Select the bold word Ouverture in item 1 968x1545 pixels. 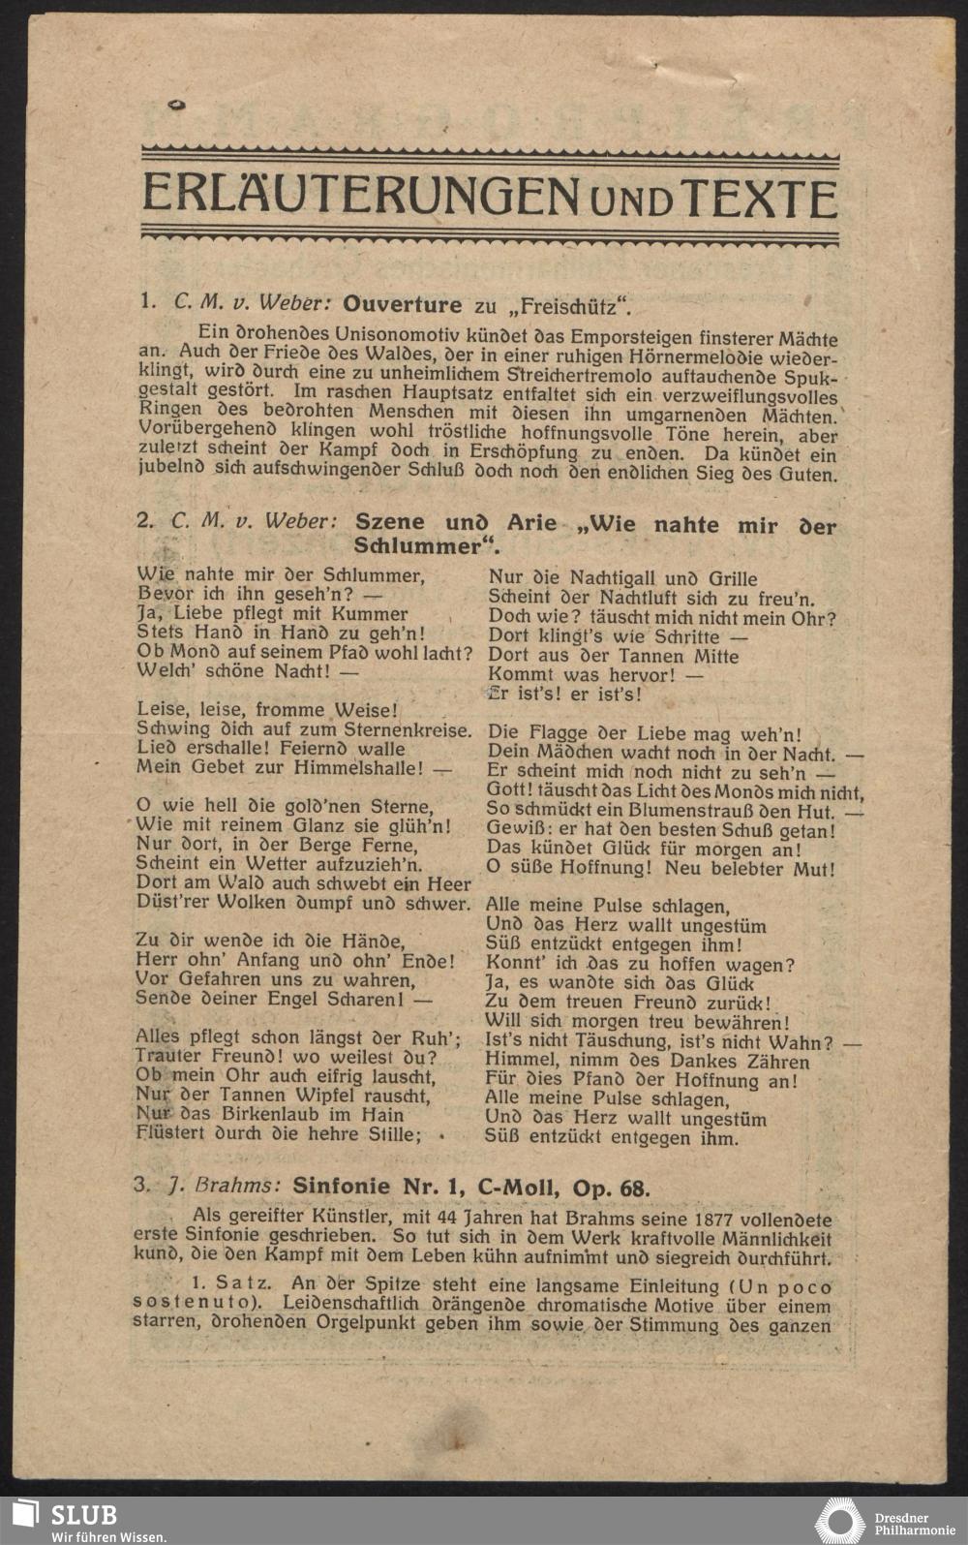point(403,305)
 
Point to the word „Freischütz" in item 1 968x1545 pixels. point(571,307)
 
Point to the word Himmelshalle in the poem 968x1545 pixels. point(363,768)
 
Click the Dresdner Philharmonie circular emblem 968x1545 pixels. point(839,1521)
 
